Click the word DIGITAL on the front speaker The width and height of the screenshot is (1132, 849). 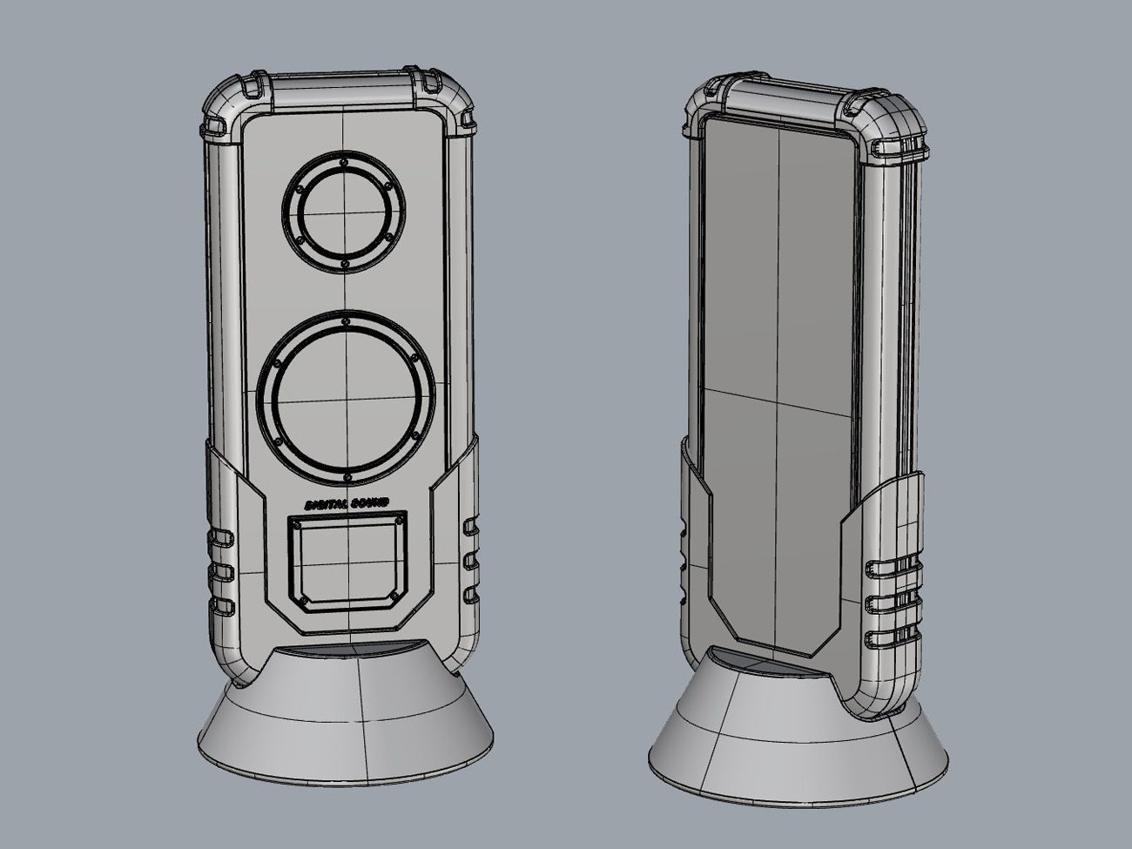[x=326, y=504]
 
